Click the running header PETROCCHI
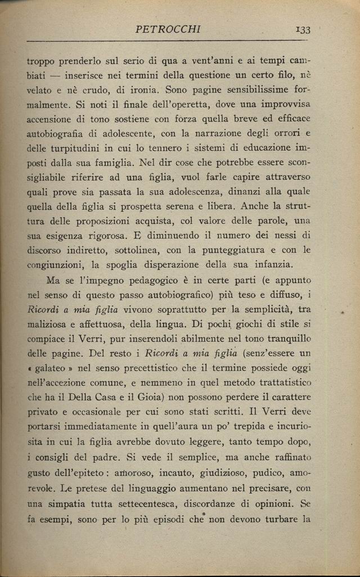[x=168, y=29]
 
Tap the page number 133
[x=301, y=30]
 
